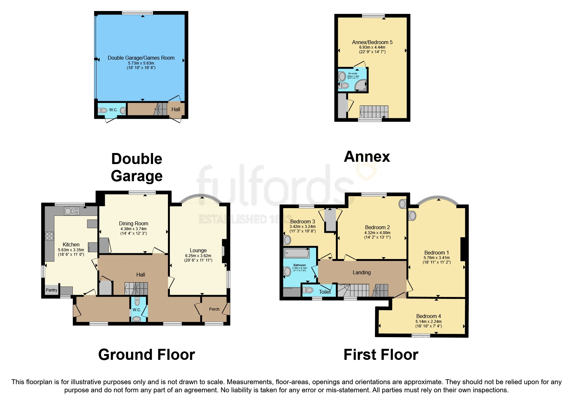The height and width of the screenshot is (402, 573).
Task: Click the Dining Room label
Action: coord(133,223)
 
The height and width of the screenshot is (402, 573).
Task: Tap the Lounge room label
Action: coord(198,250)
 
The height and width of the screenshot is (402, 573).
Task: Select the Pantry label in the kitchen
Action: coord(51,290)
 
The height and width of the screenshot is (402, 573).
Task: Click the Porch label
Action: coord(214,309)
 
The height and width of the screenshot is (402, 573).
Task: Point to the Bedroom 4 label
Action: coord(428,316)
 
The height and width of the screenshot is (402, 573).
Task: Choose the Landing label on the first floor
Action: coord(361,272)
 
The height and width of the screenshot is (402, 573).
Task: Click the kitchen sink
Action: coord(72,211)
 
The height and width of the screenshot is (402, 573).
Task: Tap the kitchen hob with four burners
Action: coord(50,236)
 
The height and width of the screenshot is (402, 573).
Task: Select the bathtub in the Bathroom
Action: coord(296,253)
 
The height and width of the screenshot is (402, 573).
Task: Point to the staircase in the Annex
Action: coord(374,112)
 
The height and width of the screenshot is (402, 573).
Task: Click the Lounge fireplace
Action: coord(224,251)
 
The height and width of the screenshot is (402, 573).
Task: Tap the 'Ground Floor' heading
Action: coord(147,355)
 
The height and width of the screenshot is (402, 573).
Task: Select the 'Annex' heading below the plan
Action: coord(367,157)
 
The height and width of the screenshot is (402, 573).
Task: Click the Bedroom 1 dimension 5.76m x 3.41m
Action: coord(436,258)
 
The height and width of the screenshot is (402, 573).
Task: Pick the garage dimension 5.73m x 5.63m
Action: coord(141,63)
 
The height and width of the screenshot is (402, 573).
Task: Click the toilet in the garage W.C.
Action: coord(103,111)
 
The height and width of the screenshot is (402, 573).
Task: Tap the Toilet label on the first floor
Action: coord(325,292)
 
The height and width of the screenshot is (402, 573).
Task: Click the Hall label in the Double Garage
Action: coord(176,109)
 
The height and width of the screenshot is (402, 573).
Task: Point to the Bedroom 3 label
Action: coord(302,221)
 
